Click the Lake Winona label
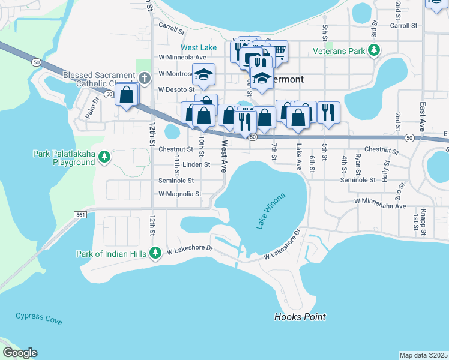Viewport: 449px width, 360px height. click(x=271, y=211)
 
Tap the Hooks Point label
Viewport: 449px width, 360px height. click(x=300, y=317)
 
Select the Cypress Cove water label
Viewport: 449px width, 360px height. click(x=38, y=318)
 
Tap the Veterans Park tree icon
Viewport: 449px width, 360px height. click(x=375, y=51)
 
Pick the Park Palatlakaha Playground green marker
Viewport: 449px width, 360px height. click(x=104, y=157)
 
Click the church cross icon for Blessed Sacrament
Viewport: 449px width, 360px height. click(x=144, y=78)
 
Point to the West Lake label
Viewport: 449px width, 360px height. click(x=199, y=47)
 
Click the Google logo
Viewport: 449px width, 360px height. click(x=20, y=353)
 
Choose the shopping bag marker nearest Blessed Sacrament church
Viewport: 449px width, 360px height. click(x=127, y=95)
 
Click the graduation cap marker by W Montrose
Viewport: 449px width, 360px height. click(x=203, y=75)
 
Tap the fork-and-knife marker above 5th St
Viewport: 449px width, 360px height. click(x=328, y=112)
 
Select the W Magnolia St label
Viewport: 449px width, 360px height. click(x=180, y=194)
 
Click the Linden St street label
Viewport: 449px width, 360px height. click(x=196, y=164)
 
